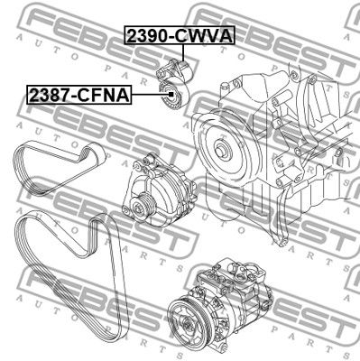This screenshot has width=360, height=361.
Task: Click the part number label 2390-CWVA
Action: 180,36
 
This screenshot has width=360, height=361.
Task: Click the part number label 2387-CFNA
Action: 79,95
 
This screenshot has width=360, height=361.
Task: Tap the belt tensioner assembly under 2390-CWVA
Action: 173,70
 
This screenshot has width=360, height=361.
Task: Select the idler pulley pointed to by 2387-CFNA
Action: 174,96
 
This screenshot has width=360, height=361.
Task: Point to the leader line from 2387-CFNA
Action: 152,95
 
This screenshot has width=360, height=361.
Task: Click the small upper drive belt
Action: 60,168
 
